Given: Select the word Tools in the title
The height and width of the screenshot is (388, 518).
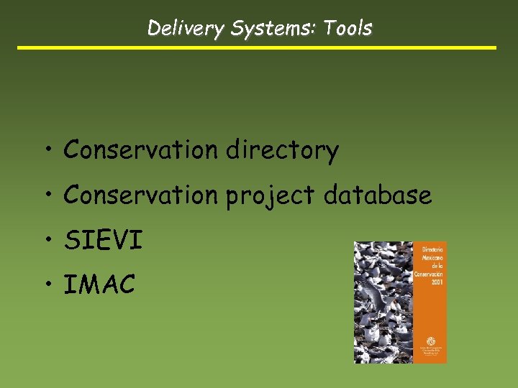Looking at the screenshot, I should (x=347, y=29).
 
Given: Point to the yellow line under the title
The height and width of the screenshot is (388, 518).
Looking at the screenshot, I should (x=257, y=48).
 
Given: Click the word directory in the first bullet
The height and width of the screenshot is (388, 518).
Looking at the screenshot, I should (x=282, y=150).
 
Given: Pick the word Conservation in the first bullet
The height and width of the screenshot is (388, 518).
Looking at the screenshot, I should (x=140, y=149).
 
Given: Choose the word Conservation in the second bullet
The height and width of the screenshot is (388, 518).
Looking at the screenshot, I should (x=140, y=195).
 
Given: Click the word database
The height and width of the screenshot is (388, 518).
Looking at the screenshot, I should (x=378, y=195).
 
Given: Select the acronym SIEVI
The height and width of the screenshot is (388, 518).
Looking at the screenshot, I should (x=104, y=240).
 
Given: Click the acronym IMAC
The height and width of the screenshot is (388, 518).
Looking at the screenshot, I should (x=99, y=285).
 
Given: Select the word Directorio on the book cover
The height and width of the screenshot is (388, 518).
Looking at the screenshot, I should (x=432, y=249).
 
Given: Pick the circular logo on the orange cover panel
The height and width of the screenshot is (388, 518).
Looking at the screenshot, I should (x=432, y=341).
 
